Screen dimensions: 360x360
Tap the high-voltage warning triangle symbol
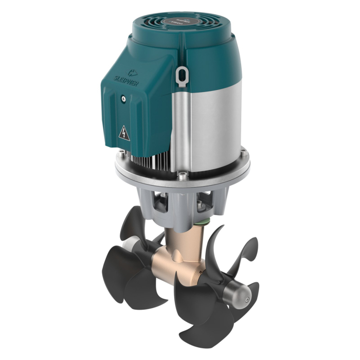click(x=124, y=134)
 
